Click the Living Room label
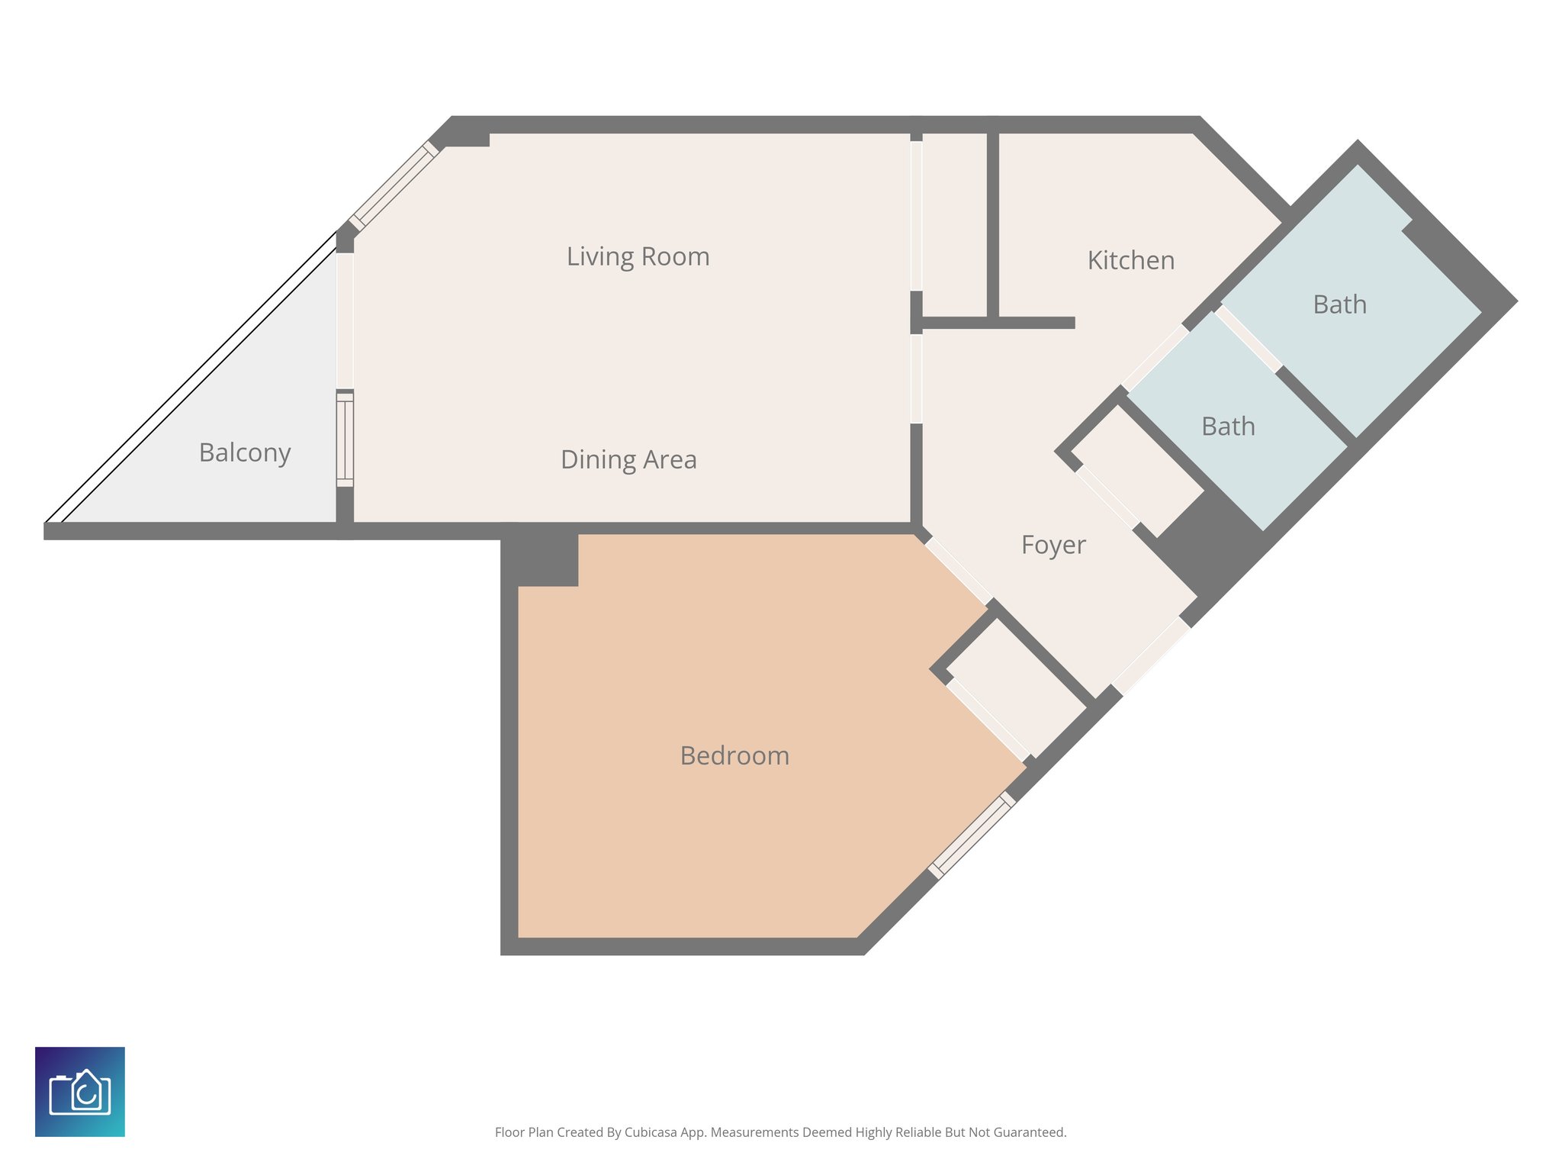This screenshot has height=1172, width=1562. (x=638, y=256)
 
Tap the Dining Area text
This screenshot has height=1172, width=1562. (x=628, y=459)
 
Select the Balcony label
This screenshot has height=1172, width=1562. (x=245, y=452)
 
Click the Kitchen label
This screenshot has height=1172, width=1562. (x=1130, y=260)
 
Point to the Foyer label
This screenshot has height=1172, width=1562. (x=1053, y=545)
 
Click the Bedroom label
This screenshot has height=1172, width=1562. (x=734, y=755)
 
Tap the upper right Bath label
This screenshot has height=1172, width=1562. (x=1339, y=304)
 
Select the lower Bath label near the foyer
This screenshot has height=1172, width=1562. (x=1228, y=427)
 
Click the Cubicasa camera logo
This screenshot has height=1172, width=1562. (x=80, y=1091)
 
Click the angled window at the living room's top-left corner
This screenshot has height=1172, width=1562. (x=394, y=186)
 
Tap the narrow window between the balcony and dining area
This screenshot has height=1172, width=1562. (x=345, y=439)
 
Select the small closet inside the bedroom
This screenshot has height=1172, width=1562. (x=1015, y=687)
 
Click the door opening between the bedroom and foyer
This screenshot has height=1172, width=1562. (x=959, y=570)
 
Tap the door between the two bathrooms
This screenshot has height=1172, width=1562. (x=1248, y=339)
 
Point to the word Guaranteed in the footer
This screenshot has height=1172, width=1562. (x=1032, y=1132)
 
